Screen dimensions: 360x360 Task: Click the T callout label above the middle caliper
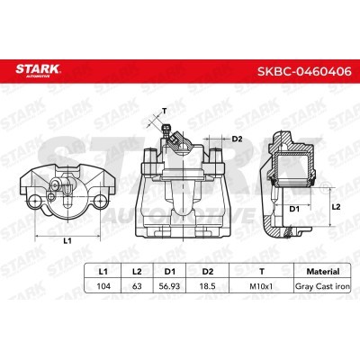[164, 112]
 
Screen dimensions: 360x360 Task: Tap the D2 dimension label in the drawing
[238, 139]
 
